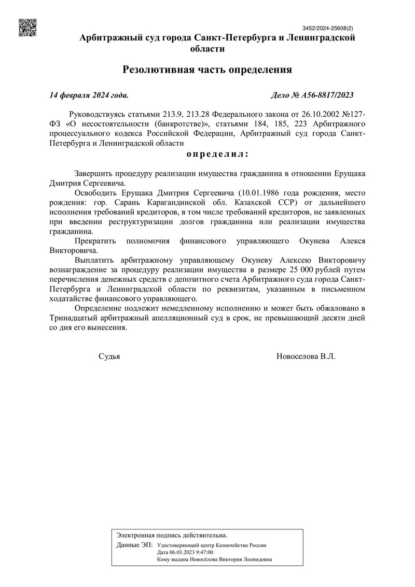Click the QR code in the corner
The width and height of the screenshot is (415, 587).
(x=27, y=28)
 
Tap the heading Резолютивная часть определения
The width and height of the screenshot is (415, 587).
(x=208, y=69)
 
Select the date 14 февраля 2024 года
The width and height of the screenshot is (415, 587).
(x=89, y=95)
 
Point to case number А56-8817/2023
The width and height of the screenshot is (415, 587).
(x=312, y=95)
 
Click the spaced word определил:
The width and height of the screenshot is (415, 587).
(x=217, y=154)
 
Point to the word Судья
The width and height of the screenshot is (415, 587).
(x=109, y=357)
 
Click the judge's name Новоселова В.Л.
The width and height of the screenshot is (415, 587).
(x=307, y=357)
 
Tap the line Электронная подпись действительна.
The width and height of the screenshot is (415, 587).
(x=172, y=535)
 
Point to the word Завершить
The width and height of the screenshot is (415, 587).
(x=94, y=172)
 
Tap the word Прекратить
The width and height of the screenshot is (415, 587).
(x=96, y=241)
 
